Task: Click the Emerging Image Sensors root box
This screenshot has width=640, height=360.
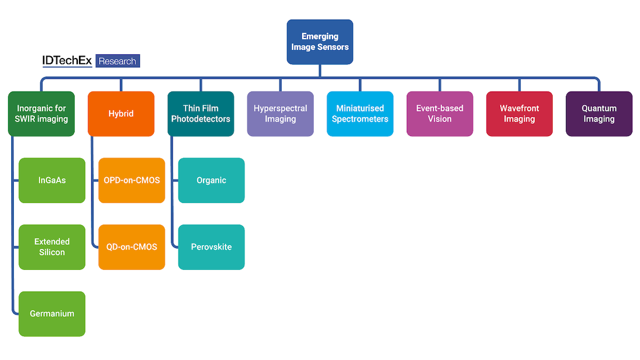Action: click(x=319, y=42)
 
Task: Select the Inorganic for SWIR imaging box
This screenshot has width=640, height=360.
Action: click(x=41, y=114)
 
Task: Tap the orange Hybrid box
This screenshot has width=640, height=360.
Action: click(x=121, y=114)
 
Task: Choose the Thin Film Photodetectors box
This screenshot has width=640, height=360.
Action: click(x=201, y=114)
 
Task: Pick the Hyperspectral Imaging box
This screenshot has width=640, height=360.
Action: click(x=281, y=114)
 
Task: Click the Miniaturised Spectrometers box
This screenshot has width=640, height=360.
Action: click(x=360, y=114)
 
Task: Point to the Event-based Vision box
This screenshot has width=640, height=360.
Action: click(x=439, y=114)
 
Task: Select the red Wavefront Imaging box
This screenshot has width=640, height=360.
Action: click(x=519, y=114)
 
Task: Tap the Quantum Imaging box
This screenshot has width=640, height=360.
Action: click(x=599, y=114)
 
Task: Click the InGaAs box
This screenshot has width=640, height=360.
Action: click(x=52, y=180)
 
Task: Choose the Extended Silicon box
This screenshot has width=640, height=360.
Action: click(x=52, y=247)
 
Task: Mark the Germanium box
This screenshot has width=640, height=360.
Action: click(x=52, y=314)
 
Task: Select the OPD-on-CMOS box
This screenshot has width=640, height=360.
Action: click(x=132, y=180)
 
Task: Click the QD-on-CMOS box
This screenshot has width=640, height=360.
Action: click(x=132, y=247)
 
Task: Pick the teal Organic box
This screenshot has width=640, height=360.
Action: click(x=211, y=180)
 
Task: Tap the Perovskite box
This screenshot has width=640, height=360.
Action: click(x=211, y=247)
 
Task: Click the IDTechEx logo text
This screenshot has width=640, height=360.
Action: click(x=67, y=61)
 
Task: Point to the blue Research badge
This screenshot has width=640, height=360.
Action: click(x=118, y=61)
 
